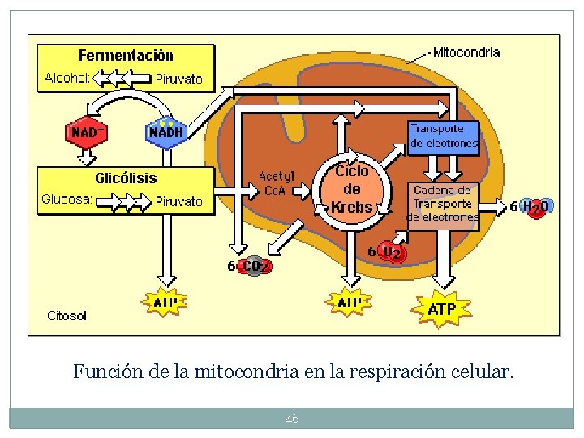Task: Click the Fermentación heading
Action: click(126, 55)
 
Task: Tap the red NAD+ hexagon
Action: click(87, 132)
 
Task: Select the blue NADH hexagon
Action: click(165, 132)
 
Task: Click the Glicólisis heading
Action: click(126, 178)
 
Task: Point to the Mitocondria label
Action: click(466, 53)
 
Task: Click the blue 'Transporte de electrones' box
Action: click(443, 135)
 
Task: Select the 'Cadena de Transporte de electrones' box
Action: click(442, 203)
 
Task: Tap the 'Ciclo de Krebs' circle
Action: click(352, 189)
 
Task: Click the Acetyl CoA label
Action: click(276, 183)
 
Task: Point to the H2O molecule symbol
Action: click(536, 207)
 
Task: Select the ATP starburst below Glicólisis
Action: click(165, 303)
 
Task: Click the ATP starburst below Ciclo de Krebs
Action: click(349, 303)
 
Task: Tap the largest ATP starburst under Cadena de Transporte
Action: click(441, 310)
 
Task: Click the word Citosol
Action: click(67, 316)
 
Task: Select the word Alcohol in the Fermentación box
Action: click(67, 79)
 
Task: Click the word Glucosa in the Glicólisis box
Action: click(67, 200)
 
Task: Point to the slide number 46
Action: click(292, 419)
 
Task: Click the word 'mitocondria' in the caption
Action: click(237, 372)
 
